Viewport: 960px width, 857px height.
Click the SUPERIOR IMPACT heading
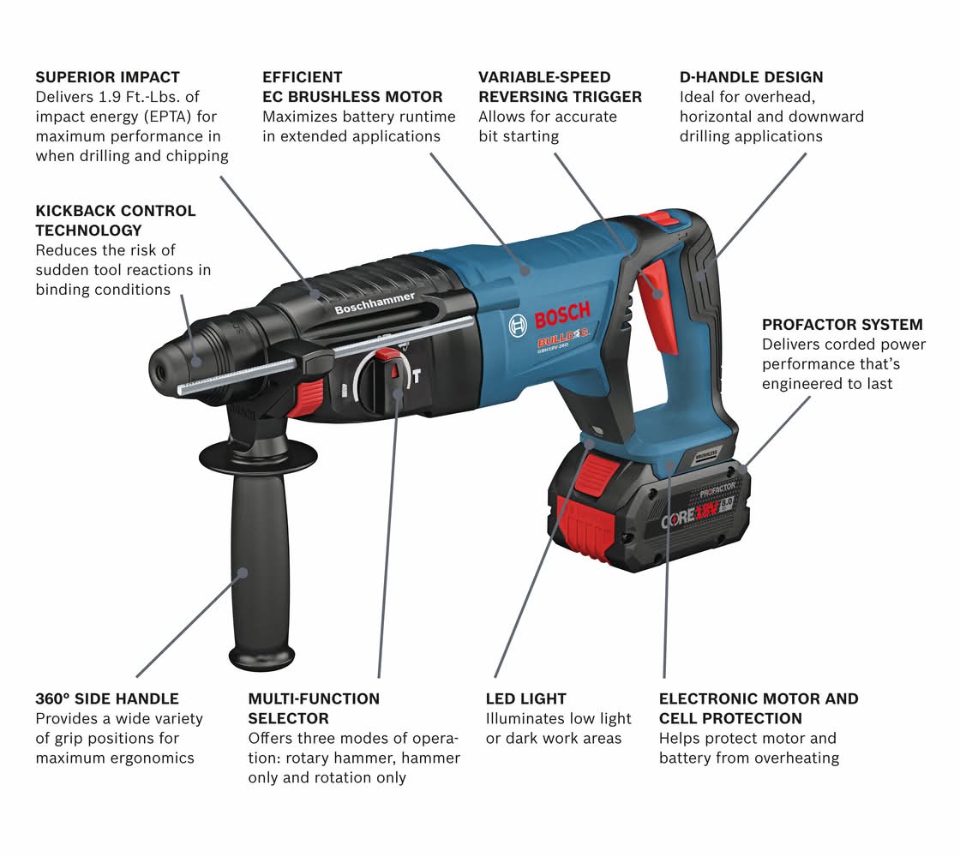108,77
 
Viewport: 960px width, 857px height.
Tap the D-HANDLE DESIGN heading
751,77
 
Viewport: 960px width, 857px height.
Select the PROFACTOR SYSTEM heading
842,325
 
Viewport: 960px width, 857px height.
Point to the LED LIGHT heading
526,698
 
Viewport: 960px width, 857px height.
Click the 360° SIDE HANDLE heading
107,698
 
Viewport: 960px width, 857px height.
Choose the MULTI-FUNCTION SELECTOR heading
314,708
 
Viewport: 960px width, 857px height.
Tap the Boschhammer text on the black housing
375,303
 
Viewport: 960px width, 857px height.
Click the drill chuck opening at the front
159,369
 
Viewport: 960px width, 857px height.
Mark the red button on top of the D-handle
654,219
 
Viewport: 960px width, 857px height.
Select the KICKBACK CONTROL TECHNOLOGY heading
116,220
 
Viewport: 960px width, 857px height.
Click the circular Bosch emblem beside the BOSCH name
518,325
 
